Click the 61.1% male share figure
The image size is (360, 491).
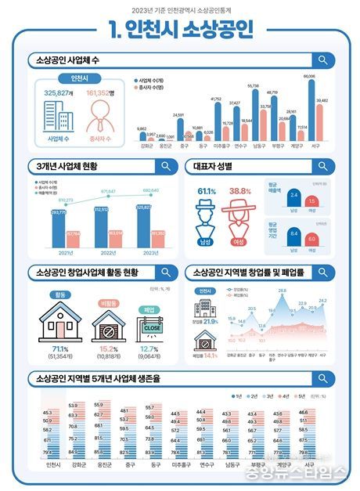[x=207, y=191]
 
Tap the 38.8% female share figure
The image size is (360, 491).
[x=239, y=191]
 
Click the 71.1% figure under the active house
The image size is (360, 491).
[x=59, y=347]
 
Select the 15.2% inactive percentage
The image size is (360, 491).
[x=105, y=347]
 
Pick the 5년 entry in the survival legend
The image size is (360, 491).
[x=324, y=395]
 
